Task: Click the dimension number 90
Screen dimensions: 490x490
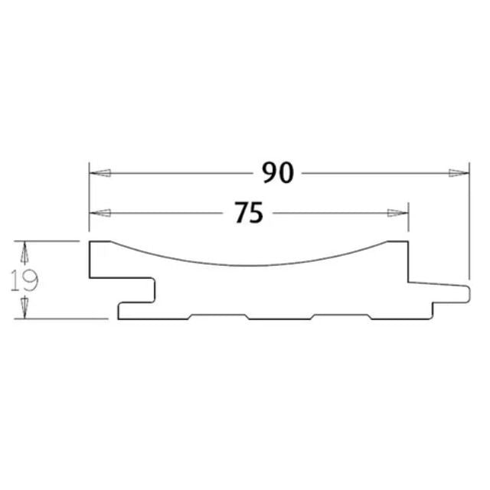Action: click(x=278, y=172)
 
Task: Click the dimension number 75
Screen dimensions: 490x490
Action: click(x=249, y=213)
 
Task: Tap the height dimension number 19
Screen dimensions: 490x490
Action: click(x=24, y=280)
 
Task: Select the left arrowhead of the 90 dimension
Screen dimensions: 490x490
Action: click(x=100, y=173)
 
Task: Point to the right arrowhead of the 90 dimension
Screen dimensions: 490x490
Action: click(x=459, y=173)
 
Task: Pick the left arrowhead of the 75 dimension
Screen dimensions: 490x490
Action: click(x=100, y=213)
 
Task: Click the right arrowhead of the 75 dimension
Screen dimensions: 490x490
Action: click(x=397, y=213)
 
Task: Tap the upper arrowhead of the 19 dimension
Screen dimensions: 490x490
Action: click(x=24, y=252)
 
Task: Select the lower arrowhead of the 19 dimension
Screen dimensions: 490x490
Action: click(x=24, y=308)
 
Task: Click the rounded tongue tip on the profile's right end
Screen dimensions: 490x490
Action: click(x=468, y=294)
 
